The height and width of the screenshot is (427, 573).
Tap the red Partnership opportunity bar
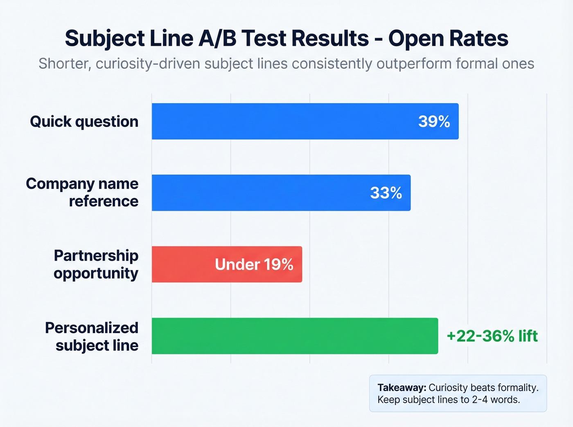coord(184,264)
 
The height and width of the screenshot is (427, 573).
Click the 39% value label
coord(434,121)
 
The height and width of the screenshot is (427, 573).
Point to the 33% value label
coord(386,193)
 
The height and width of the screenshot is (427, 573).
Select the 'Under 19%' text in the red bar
coord(254,264)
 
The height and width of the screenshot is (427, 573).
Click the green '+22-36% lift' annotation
coord(492,336)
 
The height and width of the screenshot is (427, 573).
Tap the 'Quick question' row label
coord(84,121)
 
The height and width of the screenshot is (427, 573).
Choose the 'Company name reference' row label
coord(82,192)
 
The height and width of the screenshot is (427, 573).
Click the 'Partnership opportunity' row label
coord(96,264)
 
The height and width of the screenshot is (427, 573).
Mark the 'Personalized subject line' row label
coord(92,336)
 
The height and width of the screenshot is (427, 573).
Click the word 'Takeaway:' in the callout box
coord(402,387)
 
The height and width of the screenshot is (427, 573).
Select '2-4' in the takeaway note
coord(480,400)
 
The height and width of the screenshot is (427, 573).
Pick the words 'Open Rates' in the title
coord(448,38)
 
